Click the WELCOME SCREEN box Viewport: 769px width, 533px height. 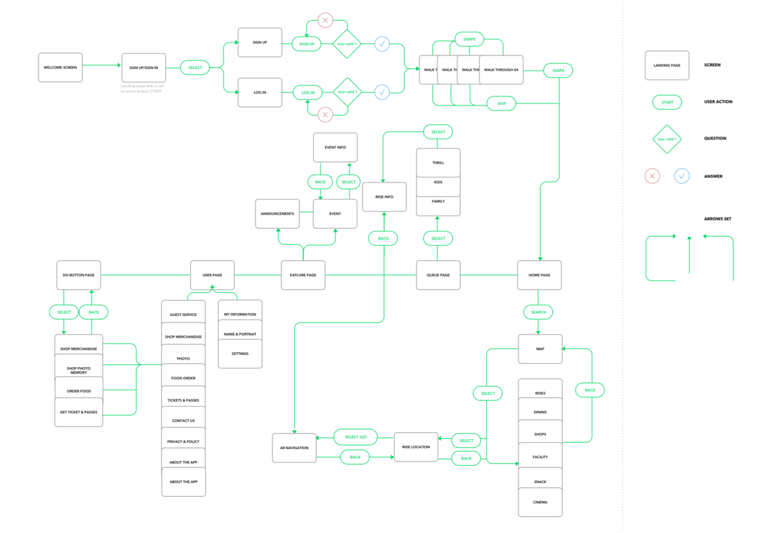point(60,68)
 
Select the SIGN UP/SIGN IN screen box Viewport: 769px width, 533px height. point(143,68)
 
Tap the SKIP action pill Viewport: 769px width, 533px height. point(501,103)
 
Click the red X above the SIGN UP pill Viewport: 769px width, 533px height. point(325,20)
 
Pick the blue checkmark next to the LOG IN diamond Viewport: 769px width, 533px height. point(382,92)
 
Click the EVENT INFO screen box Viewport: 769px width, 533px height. point(335,147)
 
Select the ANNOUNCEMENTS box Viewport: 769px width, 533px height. point(277,213)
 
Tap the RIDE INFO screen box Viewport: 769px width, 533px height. point(384,197)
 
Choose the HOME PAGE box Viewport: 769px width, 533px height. point(539,275)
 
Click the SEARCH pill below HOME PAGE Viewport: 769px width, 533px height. point(538,312)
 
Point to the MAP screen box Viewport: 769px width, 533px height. point(540,349)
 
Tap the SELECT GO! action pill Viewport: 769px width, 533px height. point(356,437)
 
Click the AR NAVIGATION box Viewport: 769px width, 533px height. point(294,448)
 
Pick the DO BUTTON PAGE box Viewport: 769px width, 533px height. point(79,275)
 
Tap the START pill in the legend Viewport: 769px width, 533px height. point(667,102)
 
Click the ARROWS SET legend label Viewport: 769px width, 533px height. point(717,219)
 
